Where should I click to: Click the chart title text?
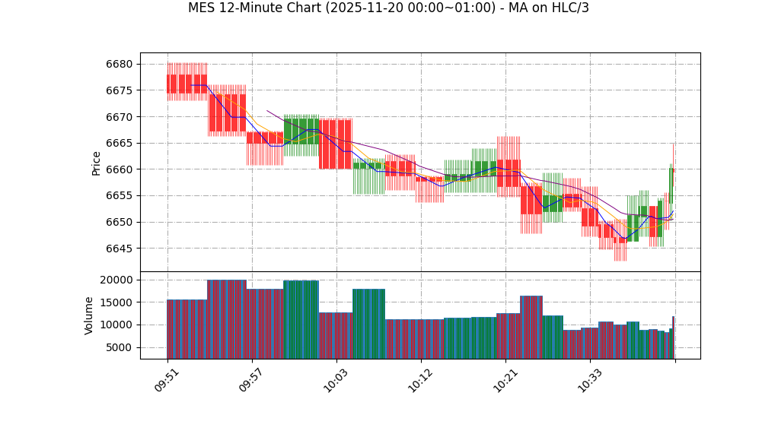(x=388, y=8)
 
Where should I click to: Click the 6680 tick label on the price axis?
(x=119, y=65)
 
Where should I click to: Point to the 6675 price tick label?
(x=119, y=90)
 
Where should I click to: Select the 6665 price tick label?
(x=119, y=144)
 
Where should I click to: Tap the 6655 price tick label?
(x=119, y=196)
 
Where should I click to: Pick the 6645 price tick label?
(x=119, y=249)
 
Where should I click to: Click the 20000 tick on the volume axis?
(x=116, y=280)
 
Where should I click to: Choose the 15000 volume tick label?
(x=116, y=302)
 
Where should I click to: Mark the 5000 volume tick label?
(x=119, y=348)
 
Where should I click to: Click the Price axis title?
(x=97, y=163)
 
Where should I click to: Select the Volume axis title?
(x=89, y=315)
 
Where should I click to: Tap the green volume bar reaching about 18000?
(x=368, y=324)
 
